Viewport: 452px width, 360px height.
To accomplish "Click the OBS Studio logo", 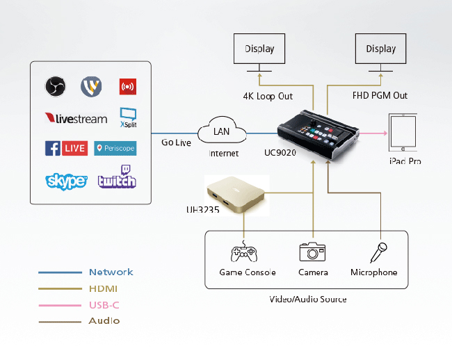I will [x=55, y=86].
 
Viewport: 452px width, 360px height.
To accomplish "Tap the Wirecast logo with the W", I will [x=91, y=86].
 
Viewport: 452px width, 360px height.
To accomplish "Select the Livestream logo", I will [x=76, y=119].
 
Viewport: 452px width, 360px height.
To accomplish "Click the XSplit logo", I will [x=128, y=117].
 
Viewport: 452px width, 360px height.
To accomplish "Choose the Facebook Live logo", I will [x=65, y=148].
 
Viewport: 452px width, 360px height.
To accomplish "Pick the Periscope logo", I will [x=115, y=148].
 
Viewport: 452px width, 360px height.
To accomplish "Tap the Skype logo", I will [x=66, y=181].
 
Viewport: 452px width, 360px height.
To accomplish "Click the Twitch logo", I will [x=117, y=177].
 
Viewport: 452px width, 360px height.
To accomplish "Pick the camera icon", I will [x=313, y=252].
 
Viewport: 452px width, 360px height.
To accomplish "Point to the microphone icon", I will [x=380, y=252].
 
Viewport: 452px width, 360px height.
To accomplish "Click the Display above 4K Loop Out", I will [x=259, y=49].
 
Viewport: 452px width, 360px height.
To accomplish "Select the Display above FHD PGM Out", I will [x=380, y=49].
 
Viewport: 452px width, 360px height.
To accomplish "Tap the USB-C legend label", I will [x=104, y=304].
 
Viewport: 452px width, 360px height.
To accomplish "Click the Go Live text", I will [x=177, y=142].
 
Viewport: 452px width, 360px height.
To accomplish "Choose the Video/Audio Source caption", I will [x=308, y=299].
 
